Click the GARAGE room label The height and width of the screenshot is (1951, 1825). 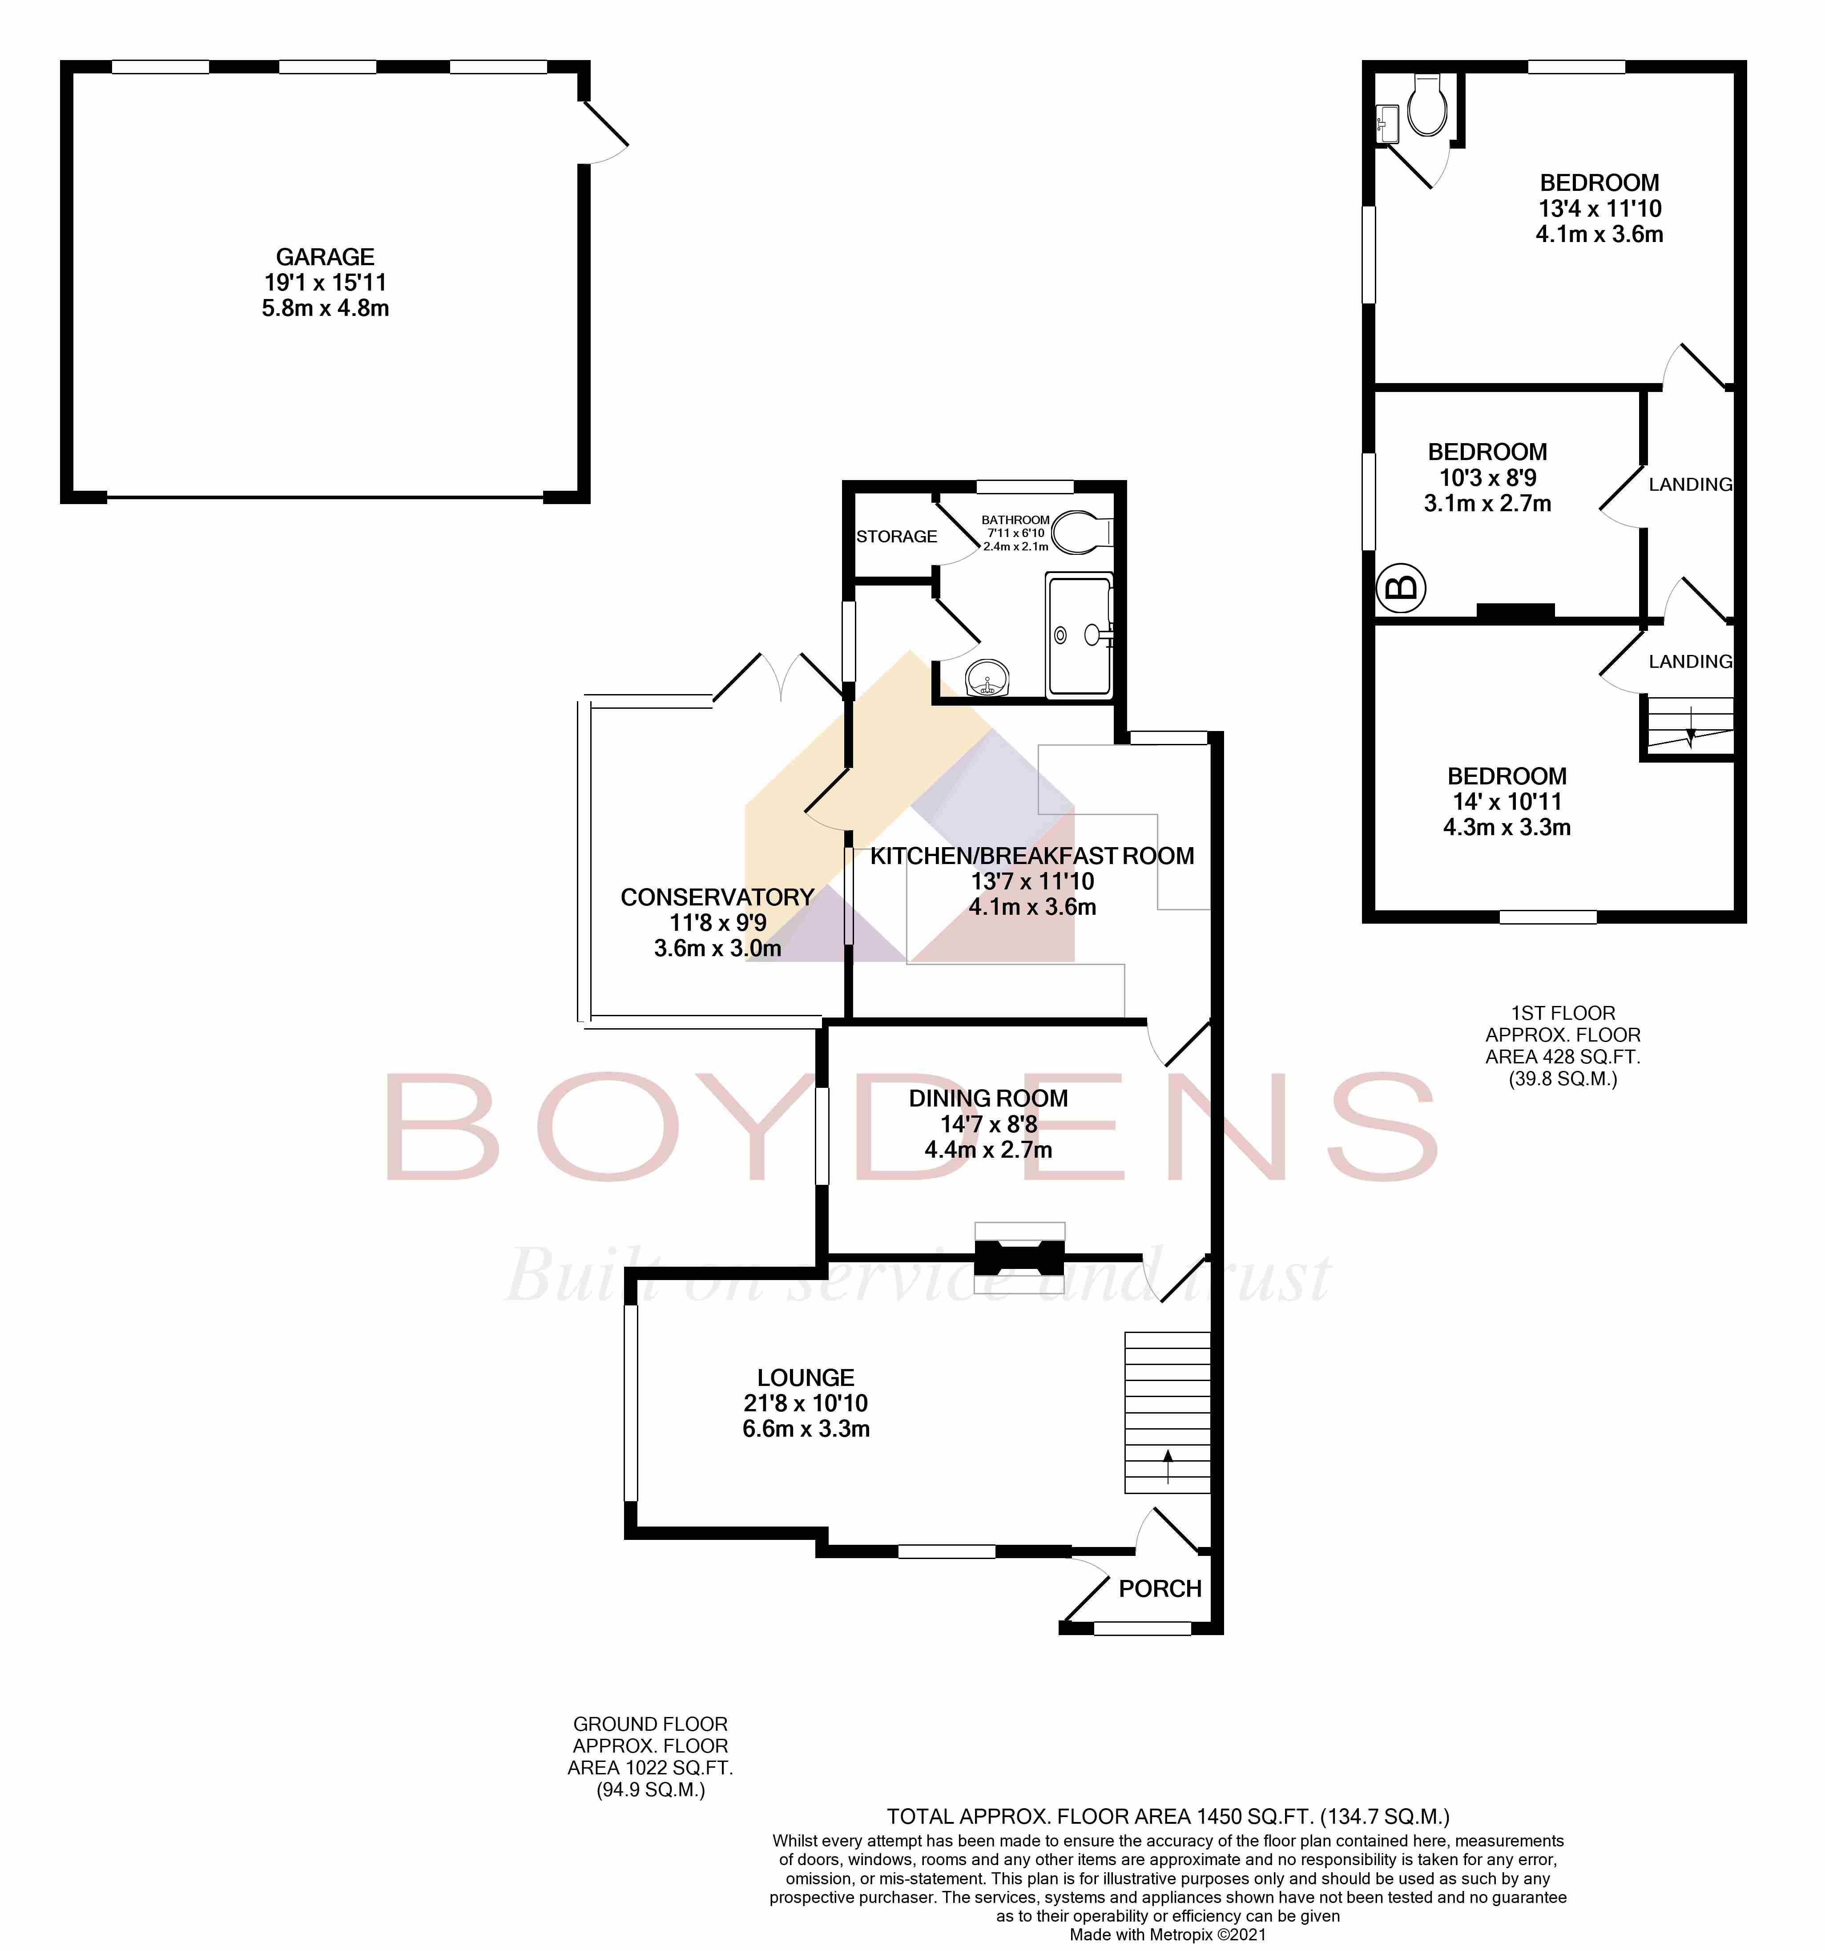click(325, 257)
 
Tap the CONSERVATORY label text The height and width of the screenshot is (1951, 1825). click(717, 897)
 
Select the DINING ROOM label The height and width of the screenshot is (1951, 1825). click(988, 1098)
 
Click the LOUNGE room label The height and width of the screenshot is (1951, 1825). click(806, 1377)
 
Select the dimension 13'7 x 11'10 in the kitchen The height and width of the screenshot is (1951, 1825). click(1032, 881)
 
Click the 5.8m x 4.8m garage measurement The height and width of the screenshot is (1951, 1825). click(325, 308)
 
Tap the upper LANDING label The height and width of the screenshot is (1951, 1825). click(1690, 484)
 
